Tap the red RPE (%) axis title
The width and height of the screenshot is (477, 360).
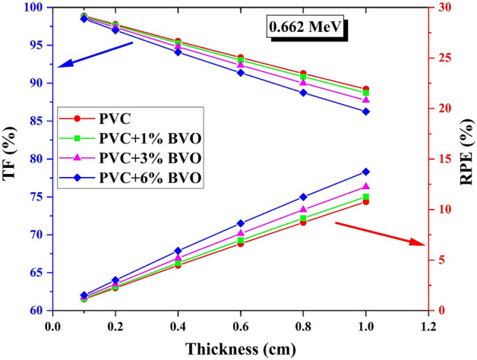pos(466,159)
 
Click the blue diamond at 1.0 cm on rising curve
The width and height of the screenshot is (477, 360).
pos(366,172)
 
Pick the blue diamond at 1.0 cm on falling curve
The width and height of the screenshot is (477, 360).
pos(366,112)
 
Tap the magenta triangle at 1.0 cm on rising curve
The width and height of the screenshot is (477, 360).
pos(366,187)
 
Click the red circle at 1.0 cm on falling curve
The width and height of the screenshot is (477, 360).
pos(366,90)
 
